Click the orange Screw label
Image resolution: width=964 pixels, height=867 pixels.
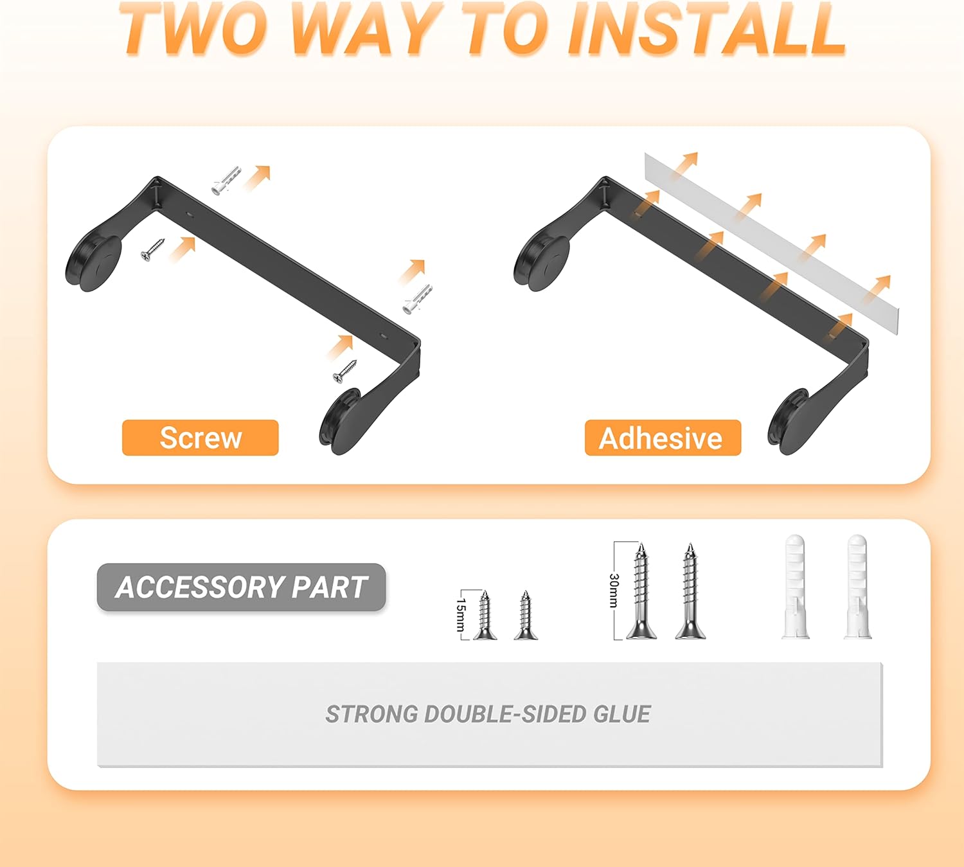(201, 437)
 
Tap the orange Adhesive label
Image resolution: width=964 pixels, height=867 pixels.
(663, 437)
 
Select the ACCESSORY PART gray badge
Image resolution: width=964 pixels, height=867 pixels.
(241, 587)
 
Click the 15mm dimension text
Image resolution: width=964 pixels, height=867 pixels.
(461, 614)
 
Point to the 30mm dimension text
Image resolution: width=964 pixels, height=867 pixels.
(614, 591)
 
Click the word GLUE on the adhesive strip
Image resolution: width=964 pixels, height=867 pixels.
(622, 714)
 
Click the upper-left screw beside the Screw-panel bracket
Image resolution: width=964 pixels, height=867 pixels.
(153, 249)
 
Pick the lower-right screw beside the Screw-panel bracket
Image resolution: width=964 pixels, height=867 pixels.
(345, 371)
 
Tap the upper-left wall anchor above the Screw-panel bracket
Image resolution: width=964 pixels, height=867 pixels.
(226, 181)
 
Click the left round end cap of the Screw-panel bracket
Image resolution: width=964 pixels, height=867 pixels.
(93, 264)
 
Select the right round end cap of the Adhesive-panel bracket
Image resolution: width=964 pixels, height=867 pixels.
(789, 423)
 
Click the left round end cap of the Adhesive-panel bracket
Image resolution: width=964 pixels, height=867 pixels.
(541, 264)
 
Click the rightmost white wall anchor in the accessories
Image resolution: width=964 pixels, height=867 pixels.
(858, 587)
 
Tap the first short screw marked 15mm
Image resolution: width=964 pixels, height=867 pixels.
(485, 615)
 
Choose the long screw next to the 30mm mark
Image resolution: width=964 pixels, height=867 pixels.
(641, 591)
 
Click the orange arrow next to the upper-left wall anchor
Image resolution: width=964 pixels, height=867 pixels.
(258, 178)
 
